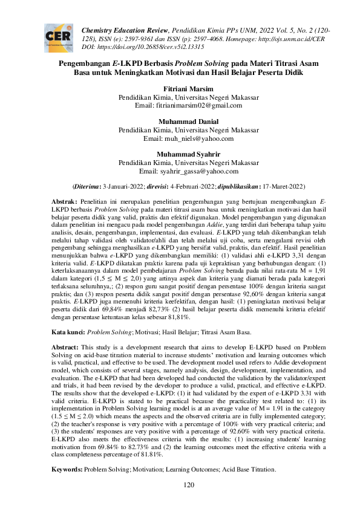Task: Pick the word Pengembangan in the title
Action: [x=85, y=62]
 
